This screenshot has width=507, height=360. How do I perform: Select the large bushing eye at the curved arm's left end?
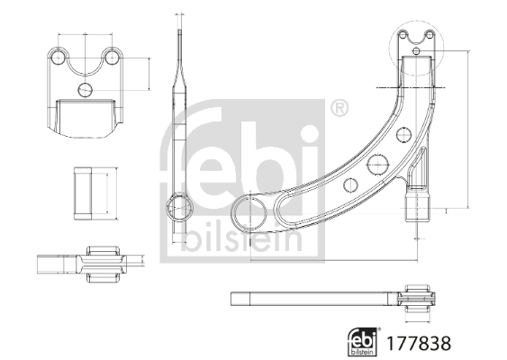pyautogui.click(x=249, y=215)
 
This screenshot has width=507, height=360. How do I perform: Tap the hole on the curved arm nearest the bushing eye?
pyautogui.click(x=351, y=185)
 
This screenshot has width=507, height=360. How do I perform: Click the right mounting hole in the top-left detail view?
pyautogui.click(x=113, y=58)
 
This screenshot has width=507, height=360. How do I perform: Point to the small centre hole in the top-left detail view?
pyautogui.click(x=86, y=89)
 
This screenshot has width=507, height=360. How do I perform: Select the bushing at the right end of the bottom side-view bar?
pyautogui.click(x=421, y=299)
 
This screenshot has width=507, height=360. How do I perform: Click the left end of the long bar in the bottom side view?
pyautogui.click(x=236, y=298)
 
